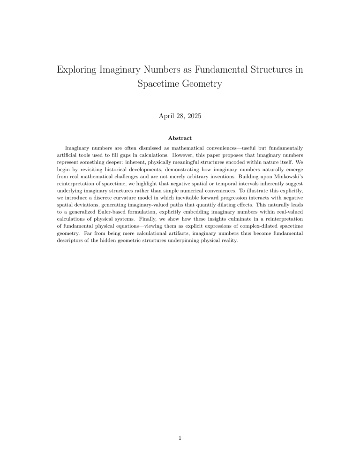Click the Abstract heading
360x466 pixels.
[x=180, y=138]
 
